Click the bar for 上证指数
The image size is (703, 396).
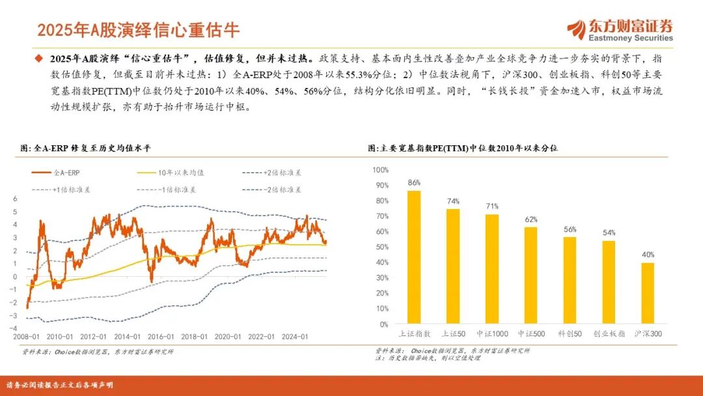click(414, 257)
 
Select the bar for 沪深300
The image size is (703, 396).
click(648, 293)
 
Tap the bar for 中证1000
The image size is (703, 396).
click(492, 269)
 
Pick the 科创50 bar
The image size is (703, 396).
click(570, 281)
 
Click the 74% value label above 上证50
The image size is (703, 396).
click(453, 201)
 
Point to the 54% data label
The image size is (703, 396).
click(609, 233)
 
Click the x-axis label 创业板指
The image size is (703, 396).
click(609, 333)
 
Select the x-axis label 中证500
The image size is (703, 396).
click(531, 333)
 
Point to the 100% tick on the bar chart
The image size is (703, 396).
click(380, 170)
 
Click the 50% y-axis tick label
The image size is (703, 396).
click(381, 247)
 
